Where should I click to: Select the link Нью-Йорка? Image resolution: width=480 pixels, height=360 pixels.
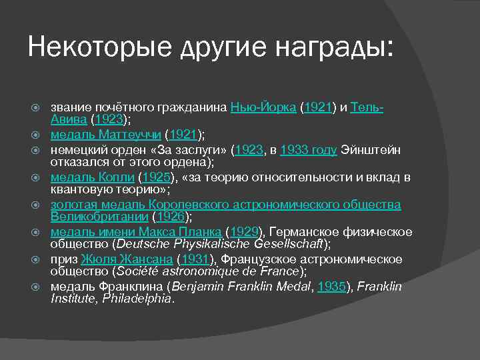(x=264, y=107)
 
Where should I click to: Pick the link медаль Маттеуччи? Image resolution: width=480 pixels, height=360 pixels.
(x=106, y=135)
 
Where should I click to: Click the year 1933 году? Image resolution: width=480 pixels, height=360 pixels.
(x=309, y=150)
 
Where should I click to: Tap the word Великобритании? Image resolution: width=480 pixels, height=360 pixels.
(x=100, y=217)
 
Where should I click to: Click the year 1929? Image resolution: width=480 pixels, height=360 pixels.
(x=244, y=232)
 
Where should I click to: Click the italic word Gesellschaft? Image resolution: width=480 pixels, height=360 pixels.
(x=291, y=244)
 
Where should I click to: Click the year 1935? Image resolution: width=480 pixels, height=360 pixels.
(x=332, y=287)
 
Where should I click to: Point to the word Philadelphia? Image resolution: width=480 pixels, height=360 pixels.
(x=140, y=299)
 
